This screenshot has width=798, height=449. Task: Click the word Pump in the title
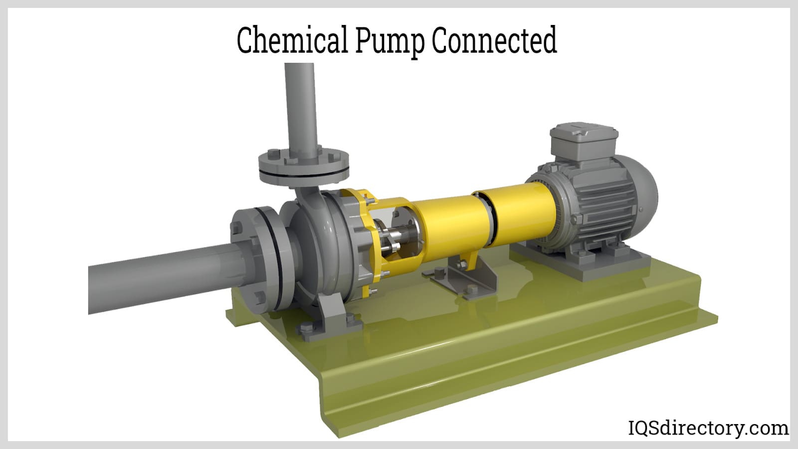pyautogui.click(x=389, y=41)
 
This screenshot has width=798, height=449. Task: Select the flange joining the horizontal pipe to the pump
pyautogui.click(x=259, y=259)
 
